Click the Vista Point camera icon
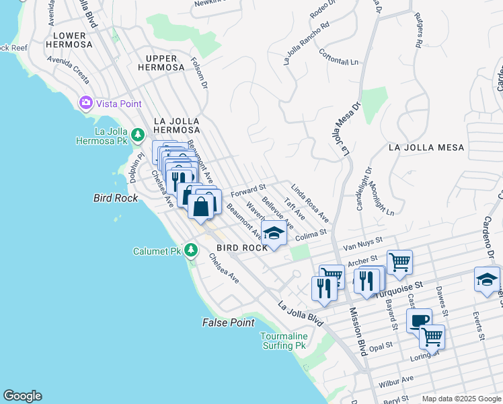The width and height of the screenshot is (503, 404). tap(86, 103)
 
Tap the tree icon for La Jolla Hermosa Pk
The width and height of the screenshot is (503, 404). tap(137, 135)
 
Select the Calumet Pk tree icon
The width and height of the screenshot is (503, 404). tap(191, 251)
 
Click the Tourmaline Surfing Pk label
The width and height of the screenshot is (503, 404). tap(284, 341)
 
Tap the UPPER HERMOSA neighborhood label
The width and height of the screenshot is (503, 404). tap(161, 63)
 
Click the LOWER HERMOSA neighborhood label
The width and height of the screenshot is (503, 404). tap(69, 40)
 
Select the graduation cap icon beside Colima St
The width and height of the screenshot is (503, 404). tap(274, 234)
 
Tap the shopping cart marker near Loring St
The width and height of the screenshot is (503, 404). tap(432, 336)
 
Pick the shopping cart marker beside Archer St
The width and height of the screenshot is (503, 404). tap(399, 261)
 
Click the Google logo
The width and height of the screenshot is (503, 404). tap(22, 396)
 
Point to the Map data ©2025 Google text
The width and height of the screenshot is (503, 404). tap(461, 399)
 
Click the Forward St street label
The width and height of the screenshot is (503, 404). tap(248, 191)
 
